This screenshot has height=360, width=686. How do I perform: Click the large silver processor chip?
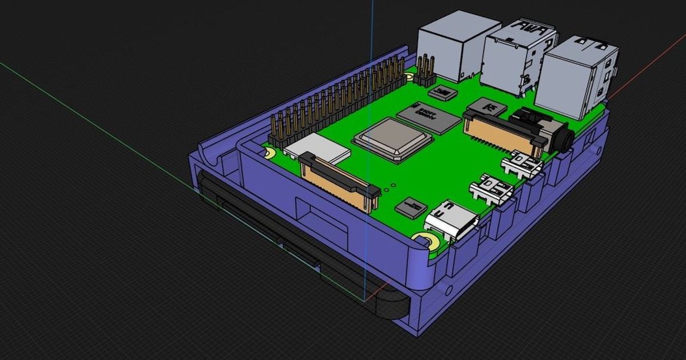pos(392,139)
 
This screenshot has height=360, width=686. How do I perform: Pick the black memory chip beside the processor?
pos(429,117)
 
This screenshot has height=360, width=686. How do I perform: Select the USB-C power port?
pos(452,220)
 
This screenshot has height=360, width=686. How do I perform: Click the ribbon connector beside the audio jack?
pos(503,130)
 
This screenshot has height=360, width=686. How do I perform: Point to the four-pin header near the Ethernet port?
pos(425,71)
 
